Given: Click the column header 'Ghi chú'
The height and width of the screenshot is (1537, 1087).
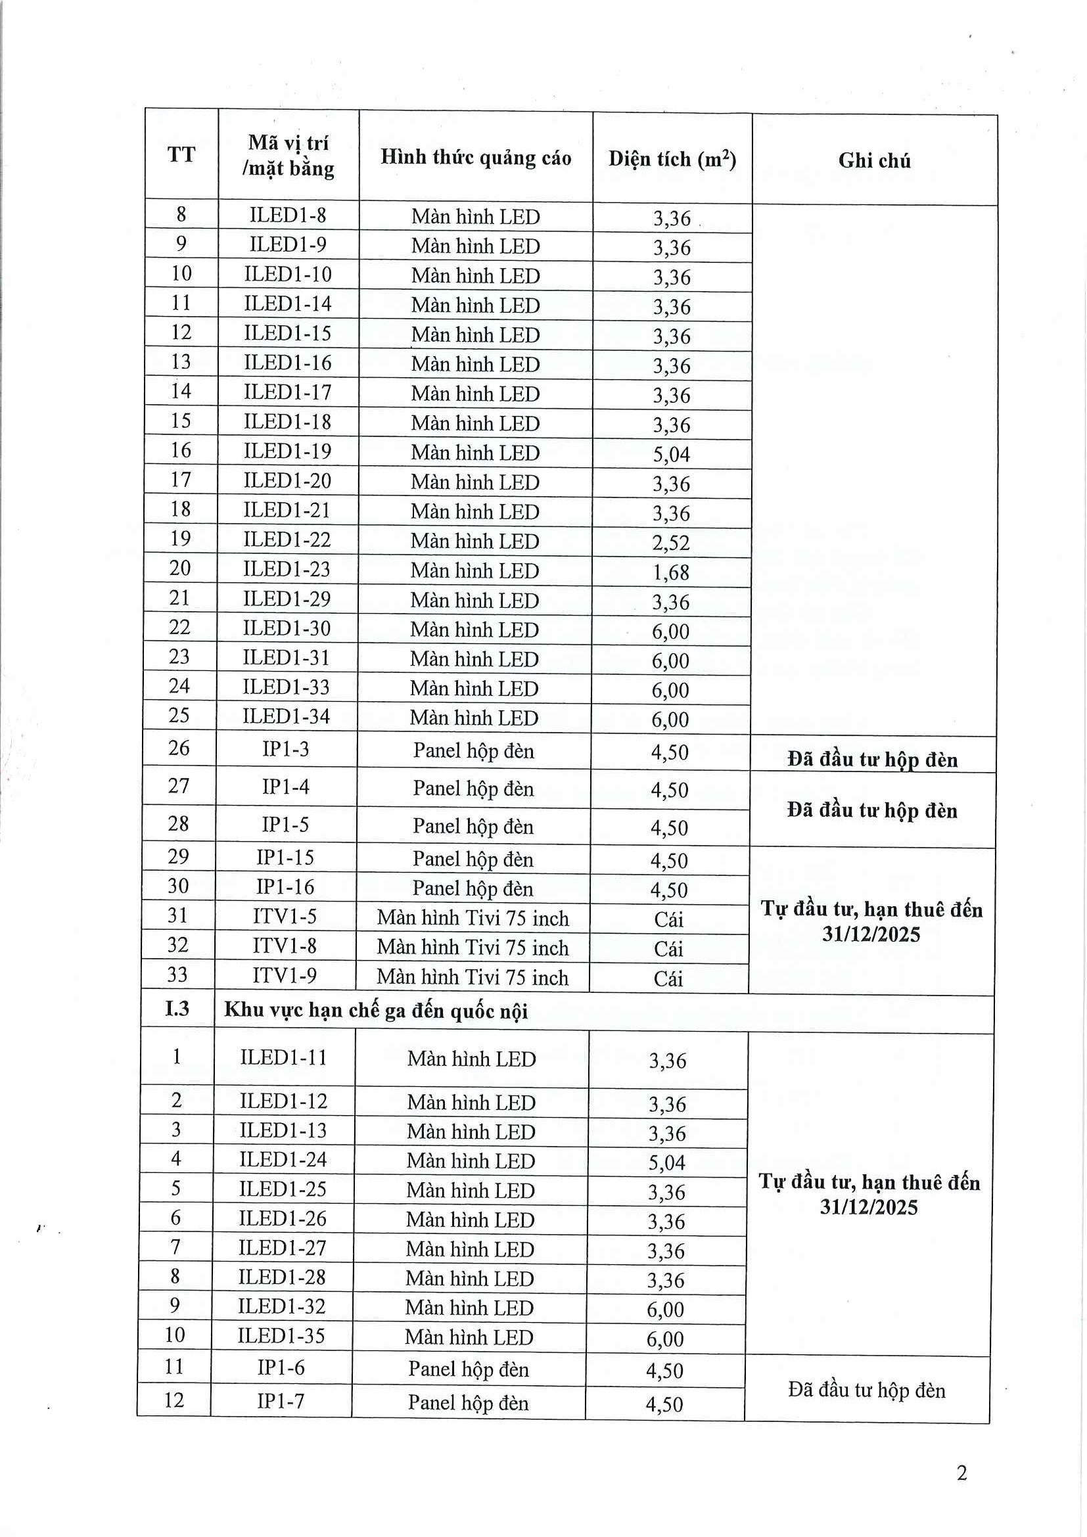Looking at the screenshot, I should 874,160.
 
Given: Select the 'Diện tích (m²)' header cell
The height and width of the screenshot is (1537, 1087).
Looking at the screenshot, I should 672,159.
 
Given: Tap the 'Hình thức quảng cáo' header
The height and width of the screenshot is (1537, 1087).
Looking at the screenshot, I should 476,157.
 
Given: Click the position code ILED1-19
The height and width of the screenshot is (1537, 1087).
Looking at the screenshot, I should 287,451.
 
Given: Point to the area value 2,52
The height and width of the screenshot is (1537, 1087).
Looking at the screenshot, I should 671,543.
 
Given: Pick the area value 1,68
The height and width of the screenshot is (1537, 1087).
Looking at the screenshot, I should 671,572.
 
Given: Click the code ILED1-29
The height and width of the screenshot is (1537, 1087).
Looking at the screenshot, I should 287,599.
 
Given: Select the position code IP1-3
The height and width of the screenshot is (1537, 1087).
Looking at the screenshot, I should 286,749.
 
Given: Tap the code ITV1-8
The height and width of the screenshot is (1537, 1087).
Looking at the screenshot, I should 285,946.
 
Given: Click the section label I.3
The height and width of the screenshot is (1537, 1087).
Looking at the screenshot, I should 177,1008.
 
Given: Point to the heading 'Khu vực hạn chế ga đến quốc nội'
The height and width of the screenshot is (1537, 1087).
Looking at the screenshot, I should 376,1010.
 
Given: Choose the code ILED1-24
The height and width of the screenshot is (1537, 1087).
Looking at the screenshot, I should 283,1159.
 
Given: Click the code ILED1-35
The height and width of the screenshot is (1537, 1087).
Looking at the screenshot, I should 281,1336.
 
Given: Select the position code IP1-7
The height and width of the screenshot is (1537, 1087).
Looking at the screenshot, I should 281,1401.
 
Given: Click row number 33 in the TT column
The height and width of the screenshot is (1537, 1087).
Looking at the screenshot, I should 177,975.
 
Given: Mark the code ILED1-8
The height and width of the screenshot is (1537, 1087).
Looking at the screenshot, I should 288,215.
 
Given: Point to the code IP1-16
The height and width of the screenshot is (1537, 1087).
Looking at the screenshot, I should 285,887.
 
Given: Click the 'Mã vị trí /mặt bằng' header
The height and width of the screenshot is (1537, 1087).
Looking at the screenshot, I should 289,155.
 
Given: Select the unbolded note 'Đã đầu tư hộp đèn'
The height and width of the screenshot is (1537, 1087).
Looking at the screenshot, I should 866,1390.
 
